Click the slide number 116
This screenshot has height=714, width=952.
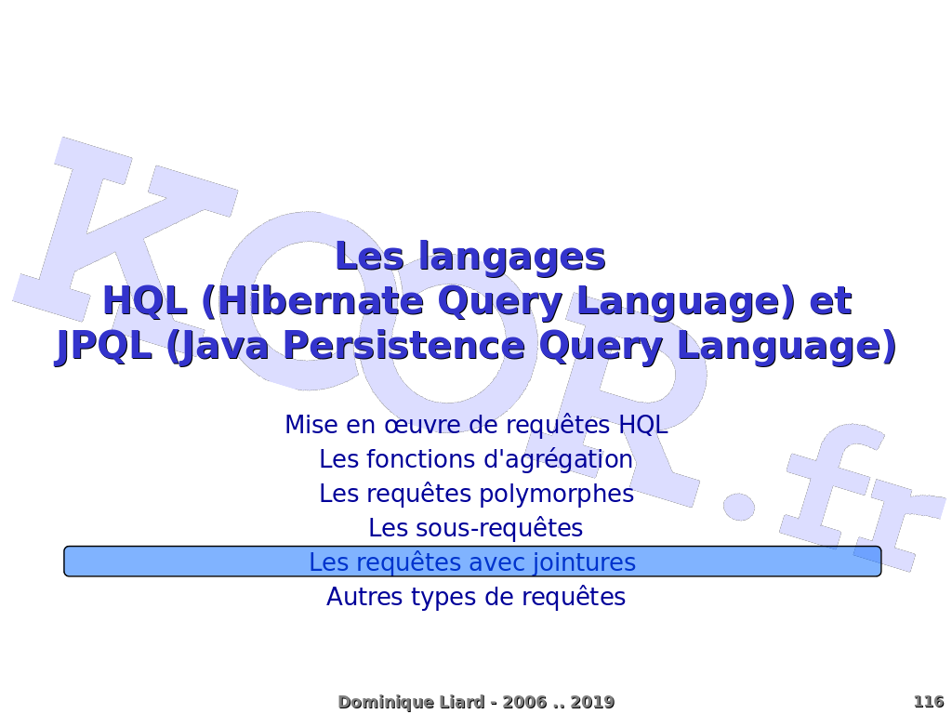point(929,702)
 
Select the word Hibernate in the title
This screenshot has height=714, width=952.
point(321,301)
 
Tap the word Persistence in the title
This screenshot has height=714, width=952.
point(403,346)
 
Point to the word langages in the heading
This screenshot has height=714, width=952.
point(512,258)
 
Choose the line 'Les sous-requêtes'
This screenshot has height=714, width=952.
point(476,528)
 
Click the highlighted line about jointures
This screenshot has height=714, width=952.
point(472,562)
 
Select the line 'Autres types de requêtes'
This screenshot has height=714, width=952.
point(476,597)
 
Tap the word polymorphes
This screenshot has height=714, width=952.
point(557,495)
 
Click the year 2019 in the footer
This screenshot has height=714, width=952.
point(592,703)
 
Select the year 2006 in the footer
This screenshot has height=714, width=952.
point(524,703)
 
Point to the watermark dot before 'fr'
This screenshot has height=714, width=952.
point(738,505)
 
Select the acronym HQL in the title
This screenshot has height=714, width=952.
point(145,302)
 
